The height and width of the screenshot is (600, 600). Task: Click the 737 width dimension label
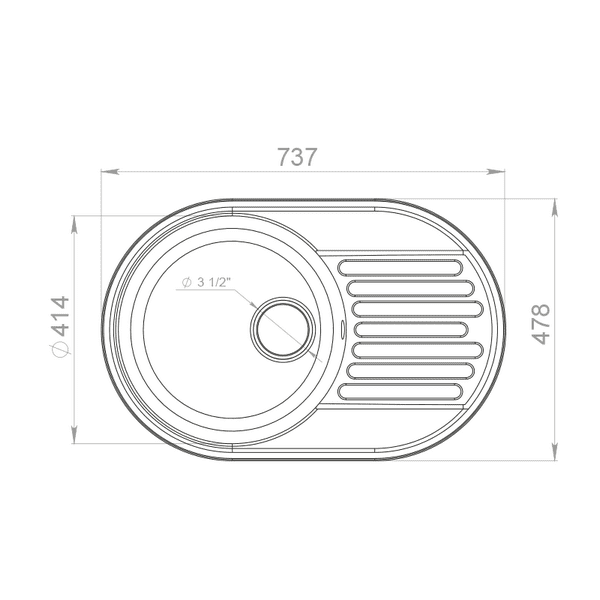click(x=297, y=157)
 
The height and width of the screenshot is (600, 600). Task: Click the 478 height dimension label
click(x=541, y=324)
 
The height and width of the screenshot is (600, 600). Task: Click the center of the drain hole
click(x=283, y=328)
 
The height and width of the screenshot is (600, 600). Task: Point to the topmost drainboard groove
click(x=400, y=267)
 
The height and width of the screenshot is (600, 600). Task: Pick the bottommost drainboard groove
click(x=400, y=391)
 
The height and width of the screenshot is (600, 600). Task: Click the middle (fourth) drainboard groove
click(x=410, y=329)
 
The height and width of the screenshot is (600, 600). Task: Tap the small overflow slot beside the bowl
click(x=342, y=329)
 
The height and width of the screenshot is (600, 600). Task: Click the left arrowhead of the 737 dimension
click(x=109, y=172)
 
